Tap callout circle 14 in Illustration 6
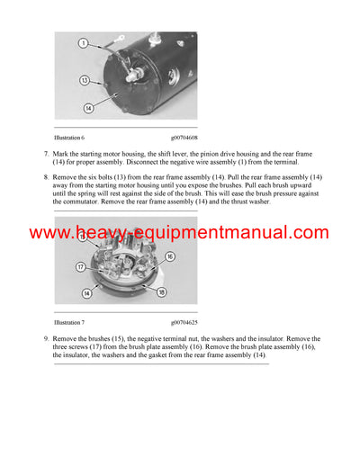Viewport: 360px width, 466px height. [x=89, y=107]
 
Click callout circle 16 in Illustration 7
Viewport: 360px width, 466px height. [x=168, y=256]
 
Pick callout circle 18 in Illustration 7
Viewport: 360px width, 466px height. [x=162, y=292]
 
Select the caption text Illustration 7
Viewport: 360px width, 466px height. [x=69, y=321]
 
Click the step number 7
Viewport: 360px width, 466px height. [x=46, y=156]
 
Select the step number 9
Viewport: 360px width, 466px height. [x=46, y=338]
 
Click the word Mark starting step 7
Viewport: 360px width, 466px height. [x=60, y=156]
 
